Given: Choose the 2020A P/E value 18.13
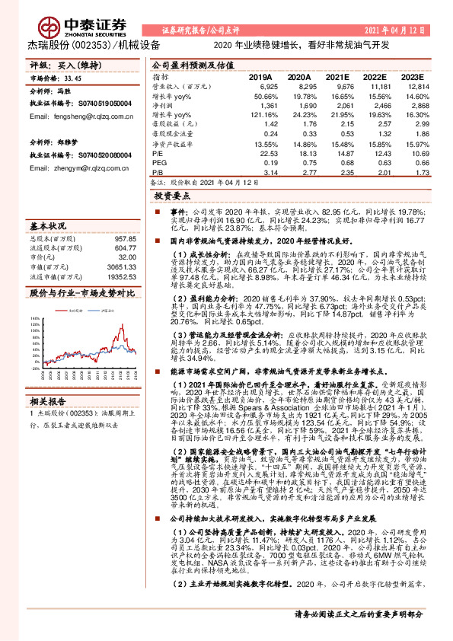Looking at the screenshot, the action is click(x=300, y=153).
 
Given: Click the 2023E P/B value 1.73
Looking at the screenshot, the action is click(x=410, y=173).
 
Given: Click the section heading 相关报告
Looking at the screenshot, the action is click(x=49, y=379).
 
